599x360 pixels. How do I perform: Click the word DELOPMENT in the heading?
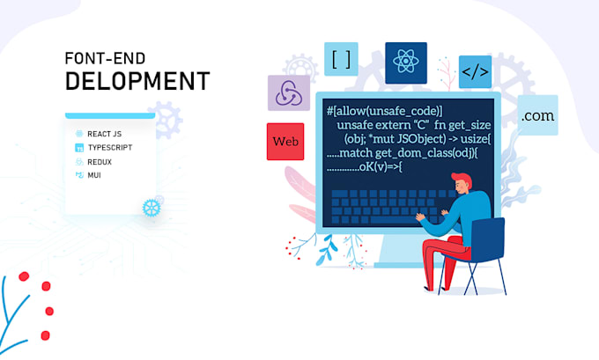[x=137, y=82]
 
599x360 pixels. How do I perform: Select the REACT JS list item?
[x=106, y=133]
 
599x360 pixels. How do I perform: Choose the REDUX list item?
[x=99, y=161]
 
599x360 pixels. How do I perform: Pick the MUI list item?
[x=93, y=175]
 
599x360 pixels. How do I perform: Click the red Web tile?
[x=285, y=142]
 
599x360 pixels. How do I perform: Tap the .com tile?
[x=537, y=115]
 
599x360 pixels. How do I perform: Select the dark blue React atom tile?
[x=405, y=62]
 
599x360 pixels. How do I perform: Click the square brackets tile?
[x=341, y=60]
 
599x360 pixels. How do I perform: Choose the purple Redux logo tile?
[x=287, y=93]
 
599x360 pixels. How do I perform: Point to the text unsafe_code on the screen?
[x=399, y=110]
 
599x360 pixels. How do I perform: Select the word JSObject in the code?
[x=428, y=139]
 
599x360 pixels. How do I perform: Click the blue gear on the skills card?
[x=152, y=207]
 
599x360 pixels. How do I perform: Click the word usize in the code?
[x=478, y=139]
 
